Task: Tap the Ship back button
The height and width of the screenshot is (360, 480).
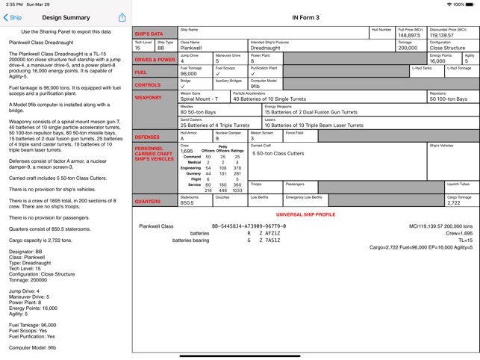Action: click(x=13, y=17)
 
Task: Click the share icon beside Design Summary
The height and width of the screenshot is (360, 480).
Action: click(x=122, y=17)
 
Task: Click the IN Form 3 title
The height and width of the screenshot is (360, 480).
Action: click(x=306, y=17)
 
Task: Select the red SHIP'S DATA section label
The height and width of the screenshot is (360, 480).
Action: click(x=149, y=34)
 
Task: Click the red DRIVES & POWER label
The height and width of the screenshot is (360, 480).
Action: click(x=155, y=60)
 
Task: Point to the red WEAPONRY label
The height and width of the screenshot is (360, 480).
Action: click(x=149, y=98)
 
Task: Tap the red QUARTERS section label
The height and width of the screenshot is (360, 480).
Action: click(x=148, y=201)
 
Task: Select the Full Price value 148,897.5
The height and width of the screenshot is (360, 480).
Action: click(x=409, y=35)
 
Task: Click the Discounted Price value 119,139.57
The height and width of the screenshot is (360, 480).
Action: click(x=442, y=35)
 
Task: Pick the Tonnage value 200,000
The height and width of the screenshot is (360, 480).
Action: click(x=408, y=48)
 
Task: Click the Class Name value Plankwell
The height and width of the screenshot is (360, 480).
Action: click(x=191, y=48)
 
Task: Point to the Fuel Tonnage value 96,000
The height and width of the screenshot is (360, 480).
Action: click(x=189, y=73)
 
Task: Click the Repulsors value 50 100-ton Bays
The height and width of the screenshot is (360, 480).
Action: click(x=448, y=99)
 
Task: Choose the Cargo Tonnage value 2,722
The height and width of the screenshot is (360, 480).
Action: click(x=454, y=202)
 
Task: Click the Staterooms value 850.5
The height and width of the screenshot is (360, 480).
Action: click(x=187, y=202)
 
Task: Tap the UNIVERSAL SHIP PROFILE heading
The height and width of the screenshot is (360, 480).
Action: click(x=306, y=214)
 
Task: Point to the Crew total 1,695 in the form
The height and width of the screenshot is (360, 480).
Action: click(x=187, y=151)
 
